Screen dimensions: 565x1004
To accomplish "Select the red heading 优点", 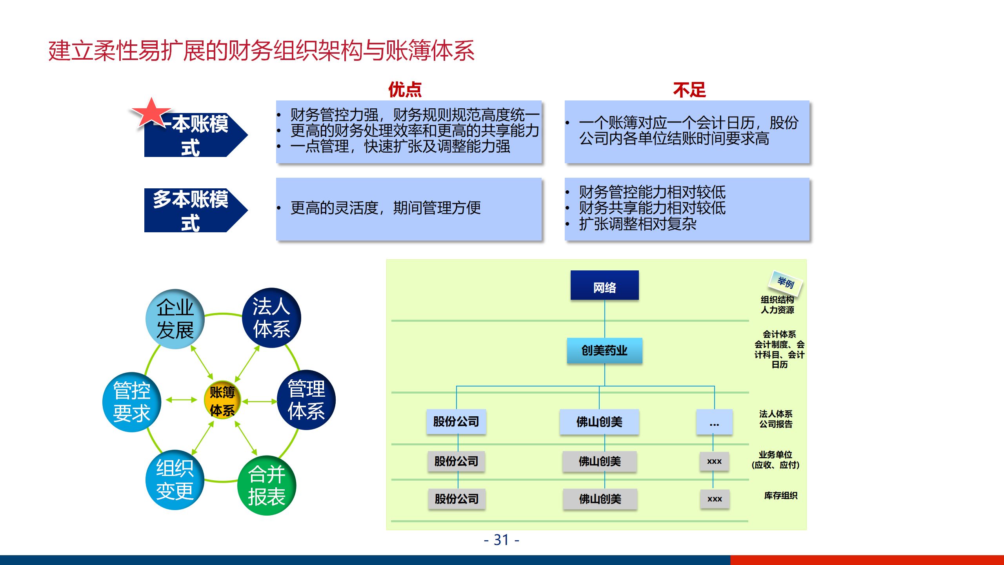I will pos(405,89).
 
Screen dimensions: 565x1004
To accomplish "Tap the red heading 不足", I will pos(689,89).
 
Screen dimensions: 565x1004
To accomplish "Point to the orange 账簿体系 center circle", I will pos(222,400).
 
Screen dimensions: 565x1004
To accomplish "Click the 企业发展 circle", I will pos(175,319).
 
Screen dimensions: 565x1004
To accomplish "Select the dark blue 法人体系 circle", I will pos(271,318).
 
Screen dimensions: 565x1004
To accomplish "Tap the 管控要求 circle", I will pos(132,402).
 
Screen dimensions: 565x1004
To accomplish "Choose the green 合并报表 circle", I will pos(267,486).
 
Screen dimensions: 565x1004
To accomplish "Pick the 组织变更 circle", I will pos(175,479).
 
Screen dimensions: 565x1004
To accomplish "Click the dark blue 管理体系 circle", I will pos(306,400).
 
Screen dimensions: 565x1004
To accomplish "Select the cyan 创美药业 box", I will pos(604,350).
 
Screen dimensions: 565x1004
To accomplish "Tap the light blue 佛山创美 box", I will pos(599,422).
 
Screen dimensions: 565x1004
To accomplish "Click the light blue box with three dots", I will pos(714,422).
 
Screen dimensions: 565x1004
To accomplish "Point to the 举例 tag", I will pos(786,282).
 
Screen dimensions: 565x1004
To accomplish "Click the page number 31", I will pos(501,540).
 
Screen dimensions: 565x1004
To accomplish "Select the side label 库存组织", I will pos(780,496).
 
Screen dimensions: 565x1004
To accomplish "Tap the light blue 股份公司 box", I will pos(456,422).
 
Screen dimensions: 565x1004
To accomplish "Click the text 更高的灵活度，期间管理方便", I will pos(386,208).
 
